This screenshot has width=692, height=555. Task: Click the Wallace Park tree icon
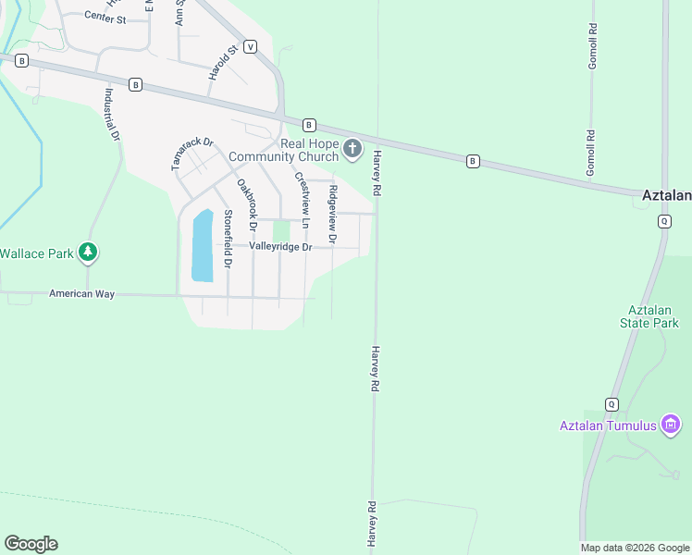88,252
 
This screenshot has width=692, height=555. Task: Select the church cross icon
352,148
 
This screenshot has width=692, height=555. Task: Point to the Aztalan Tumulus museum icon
671,425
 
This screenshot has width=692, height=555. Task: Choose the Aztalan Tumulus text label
608,425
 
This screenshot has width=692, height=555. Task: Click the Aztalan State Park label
649,316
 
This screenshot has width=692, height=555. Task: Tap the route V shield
250,46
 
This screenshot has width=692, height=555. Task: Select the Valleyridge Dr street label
279,247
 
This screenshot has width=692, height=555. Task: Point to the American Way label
81,293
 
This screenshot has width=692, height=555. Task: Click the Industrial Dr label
112,114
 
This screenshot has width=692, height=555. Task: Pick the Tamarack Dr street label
192,154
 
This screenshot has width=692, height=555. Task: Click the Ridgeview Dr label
333,214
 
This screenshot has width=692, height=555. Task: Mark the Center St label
105,18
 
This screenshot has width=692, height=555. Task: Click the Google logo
31,544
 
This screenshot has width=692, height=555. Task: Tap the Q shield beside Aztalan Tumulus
612,404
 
